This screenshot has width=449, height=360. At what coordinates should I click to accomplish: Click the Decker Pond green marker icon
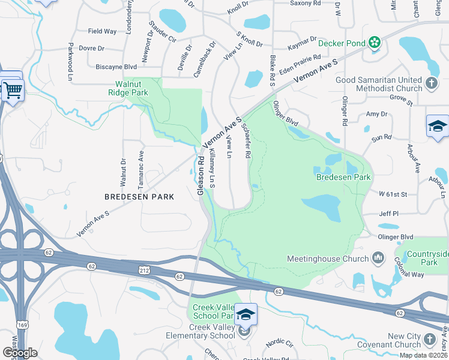point(375,42)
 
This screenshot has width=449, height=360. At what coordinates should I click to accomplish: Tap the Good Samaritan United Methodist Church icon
point(431,83)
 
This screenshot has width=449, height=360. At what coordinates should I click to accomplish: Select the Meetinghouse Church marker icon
point(378,259)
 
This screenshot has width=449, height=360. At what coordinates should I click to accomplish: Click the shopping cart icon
point(12,91)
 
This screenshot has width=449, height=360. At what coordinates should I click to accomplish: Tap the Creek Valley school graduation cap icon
point(246,314)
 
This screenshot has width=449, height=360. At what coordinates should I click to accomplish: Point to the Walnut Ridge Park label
point(128,89)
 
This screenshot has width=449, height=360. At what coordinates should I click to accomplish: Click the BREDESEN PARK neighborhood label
point(139,196)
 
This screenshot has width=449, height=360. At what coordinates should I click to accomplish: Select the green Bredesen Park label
point(343,177)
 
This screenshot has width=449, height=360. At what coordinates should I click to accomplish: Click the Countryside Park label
point(427,259)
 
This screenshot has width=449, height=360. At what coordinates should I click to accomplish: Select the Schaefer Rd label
point(246,140)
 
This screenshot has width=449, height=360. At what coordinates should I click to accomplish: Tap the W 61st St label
point(393,194)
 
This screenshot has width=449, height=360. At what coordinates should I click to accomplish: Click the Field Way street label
point(103,31)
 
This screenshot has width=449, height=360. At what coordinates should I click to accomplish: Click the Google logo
point(20,353)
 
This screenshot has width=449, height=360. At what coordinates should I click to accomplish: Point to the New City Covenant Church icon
point(430,340)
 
